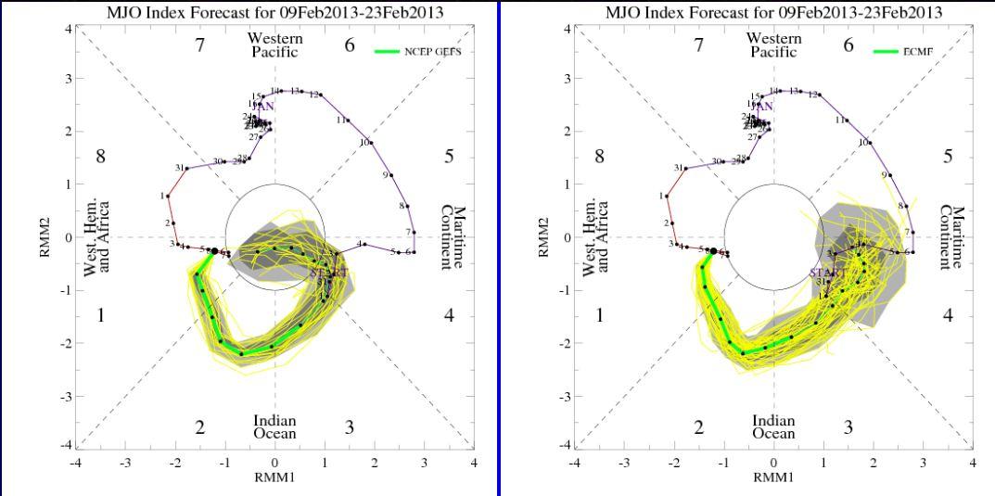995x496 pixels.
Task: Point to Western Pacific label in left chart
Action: [276, 45]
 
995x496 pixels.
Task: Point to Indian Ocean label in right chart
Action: [773, 427]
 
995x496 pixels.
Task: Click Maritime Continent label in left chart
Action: [452, 237]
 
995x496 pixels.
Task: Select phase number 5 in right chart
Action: [948, 157]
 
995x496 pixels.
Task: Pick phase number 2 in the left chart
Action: [199, 427]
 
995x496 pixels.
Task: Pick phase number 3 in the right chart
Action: [848, 427]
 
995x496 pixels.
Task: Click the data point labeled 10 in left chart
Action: [372, 143]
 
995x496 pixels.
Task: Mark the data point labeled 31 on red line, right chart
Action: [687, 169]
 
